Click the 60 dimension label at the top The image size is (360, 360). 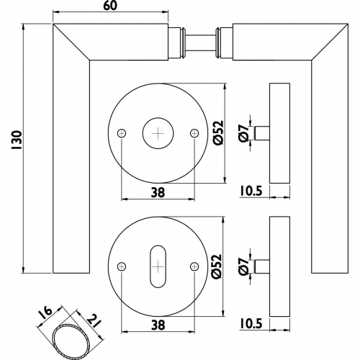point(110,6)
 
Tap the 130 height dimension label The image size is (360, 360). point(17,140)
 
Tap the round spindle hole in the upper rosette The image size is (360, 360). point(158,133)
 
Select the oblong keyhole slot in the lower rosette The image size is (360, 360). point(158,266)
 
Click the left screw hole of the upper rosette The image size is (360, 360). point(122,133)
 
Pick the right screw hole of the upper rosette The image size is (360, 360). point(194,133)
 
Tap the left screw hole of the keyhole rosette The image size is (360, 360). point(122,266)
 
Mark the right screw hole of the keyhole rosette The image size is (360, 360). point(194,266)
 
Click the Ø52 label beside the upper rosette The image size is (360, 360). point(218,132)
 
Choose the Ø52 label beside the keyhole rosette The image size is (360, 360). point(216,266)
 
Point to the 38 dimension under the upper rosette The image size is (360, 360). point(158,192)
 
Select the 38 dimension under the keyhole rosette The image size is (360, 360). point(158,325)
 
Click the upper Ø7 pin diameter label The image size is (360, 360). point(244,133)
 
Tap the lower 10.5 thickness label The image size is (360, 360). point(251,324)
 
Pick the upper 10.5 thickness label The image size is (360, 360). point(251,191)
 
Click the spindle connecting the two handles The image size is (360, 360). point(200,42)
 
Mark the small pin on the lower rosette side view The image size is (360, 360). point(262,266)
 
